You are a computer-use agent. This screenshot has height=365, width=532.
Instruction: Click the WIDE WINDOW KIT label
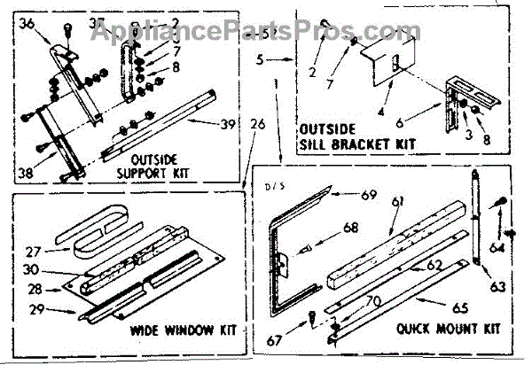click(184, 330)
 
